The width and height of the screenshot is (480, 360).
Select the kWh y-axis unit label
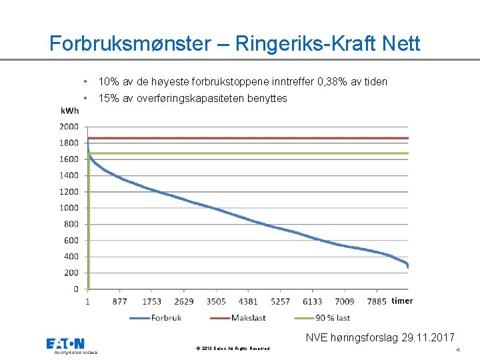coord(69,111)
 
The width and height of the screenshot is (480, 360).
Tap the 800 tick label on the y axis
coord(71,224)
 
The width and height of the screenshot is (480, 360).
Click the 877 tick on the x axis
coord(120,301)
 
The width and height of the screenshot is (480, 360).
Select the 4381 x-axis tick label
coord(248,301)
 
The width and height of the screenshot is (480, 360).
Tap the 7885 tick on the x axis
coord(376,301)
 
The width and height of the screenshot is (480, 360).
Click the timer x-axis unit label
coord(402,301)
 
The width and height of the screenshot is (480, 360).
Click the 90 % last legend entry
coord(333,318)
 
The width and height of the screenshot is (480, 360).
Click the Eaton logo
coord(65,344)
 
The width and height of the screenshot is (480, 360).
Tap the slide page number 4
coord(458,350)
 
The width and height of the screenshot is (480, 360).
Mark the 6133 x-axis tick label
coord(312,301)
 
